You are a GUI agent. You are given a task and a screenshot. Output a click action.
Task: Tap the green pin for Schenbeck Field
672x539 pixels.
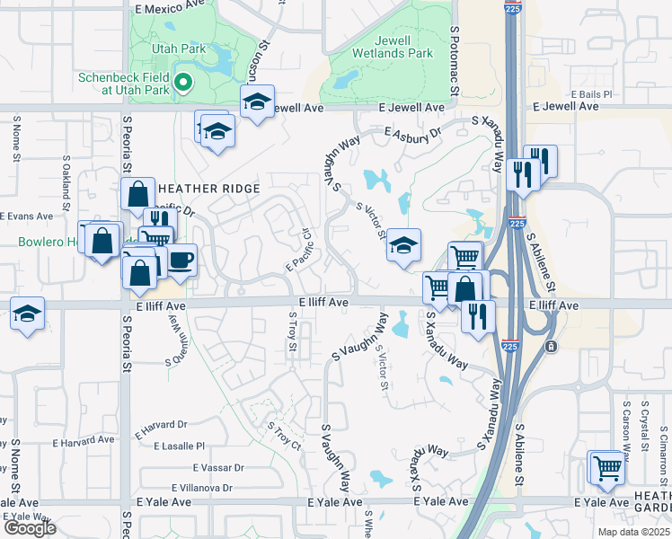coord(183,84)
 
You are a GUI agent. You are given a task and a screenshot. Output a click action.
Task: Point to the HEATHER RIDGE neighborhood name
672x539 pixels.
coord(208,189)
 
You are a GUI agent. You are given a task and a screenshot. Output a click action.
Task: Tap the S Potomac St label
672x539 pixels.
coord(455,61)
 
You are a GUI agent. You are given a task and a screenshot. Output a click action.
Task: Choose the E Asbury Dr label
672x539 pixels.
coord(413,134)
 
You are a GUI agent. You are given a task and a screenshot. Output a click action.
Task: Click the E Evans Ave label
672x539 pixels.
coord(26,216)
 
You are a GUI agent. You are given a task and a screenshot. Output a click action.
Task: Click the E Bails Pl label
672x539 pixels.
coord(590,93)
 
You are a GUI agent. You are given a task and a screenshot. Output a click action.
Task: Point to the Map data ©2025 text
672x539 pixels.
coord(633,532)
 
